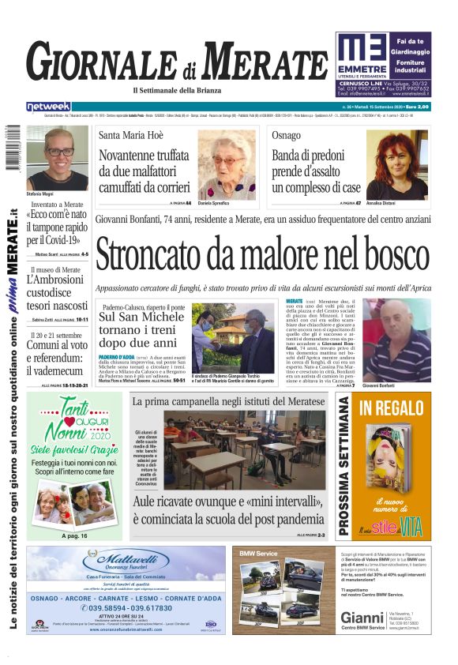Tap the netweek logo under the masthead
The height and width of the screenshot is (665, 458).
tap(48, 106)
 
